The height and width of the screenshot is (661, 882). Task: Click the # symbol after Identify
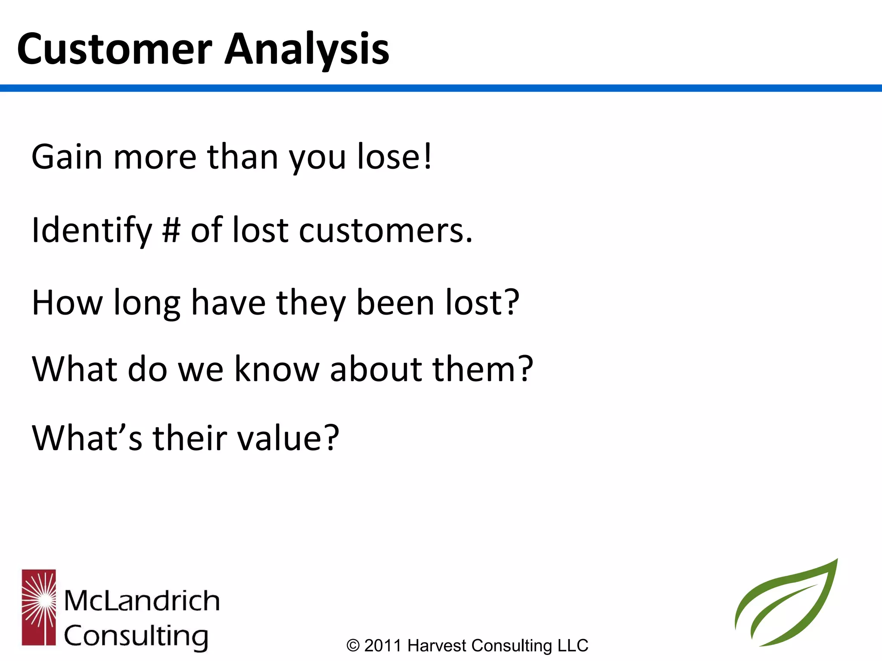coord(171,230)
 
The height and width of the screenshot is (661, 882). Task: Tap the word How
coord(67,303)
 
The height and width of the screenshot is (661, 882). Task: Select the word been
coord(395,303)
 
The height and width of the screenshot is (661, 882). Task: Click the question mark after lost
coord(512,302)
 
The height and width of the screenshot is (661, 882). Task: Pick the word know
coord(276,369)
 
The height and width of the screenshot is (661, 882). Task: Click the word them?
coord(483,369)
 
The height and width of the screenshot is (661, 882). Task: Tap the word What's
coord(87,438)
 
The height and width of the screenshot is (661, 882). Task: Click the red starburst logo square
coord(39,607)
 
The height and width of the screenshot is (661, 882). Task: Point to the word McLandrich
coord(142,600)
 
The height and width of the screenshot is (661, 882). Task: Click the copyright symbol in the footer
coord(353,646)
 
